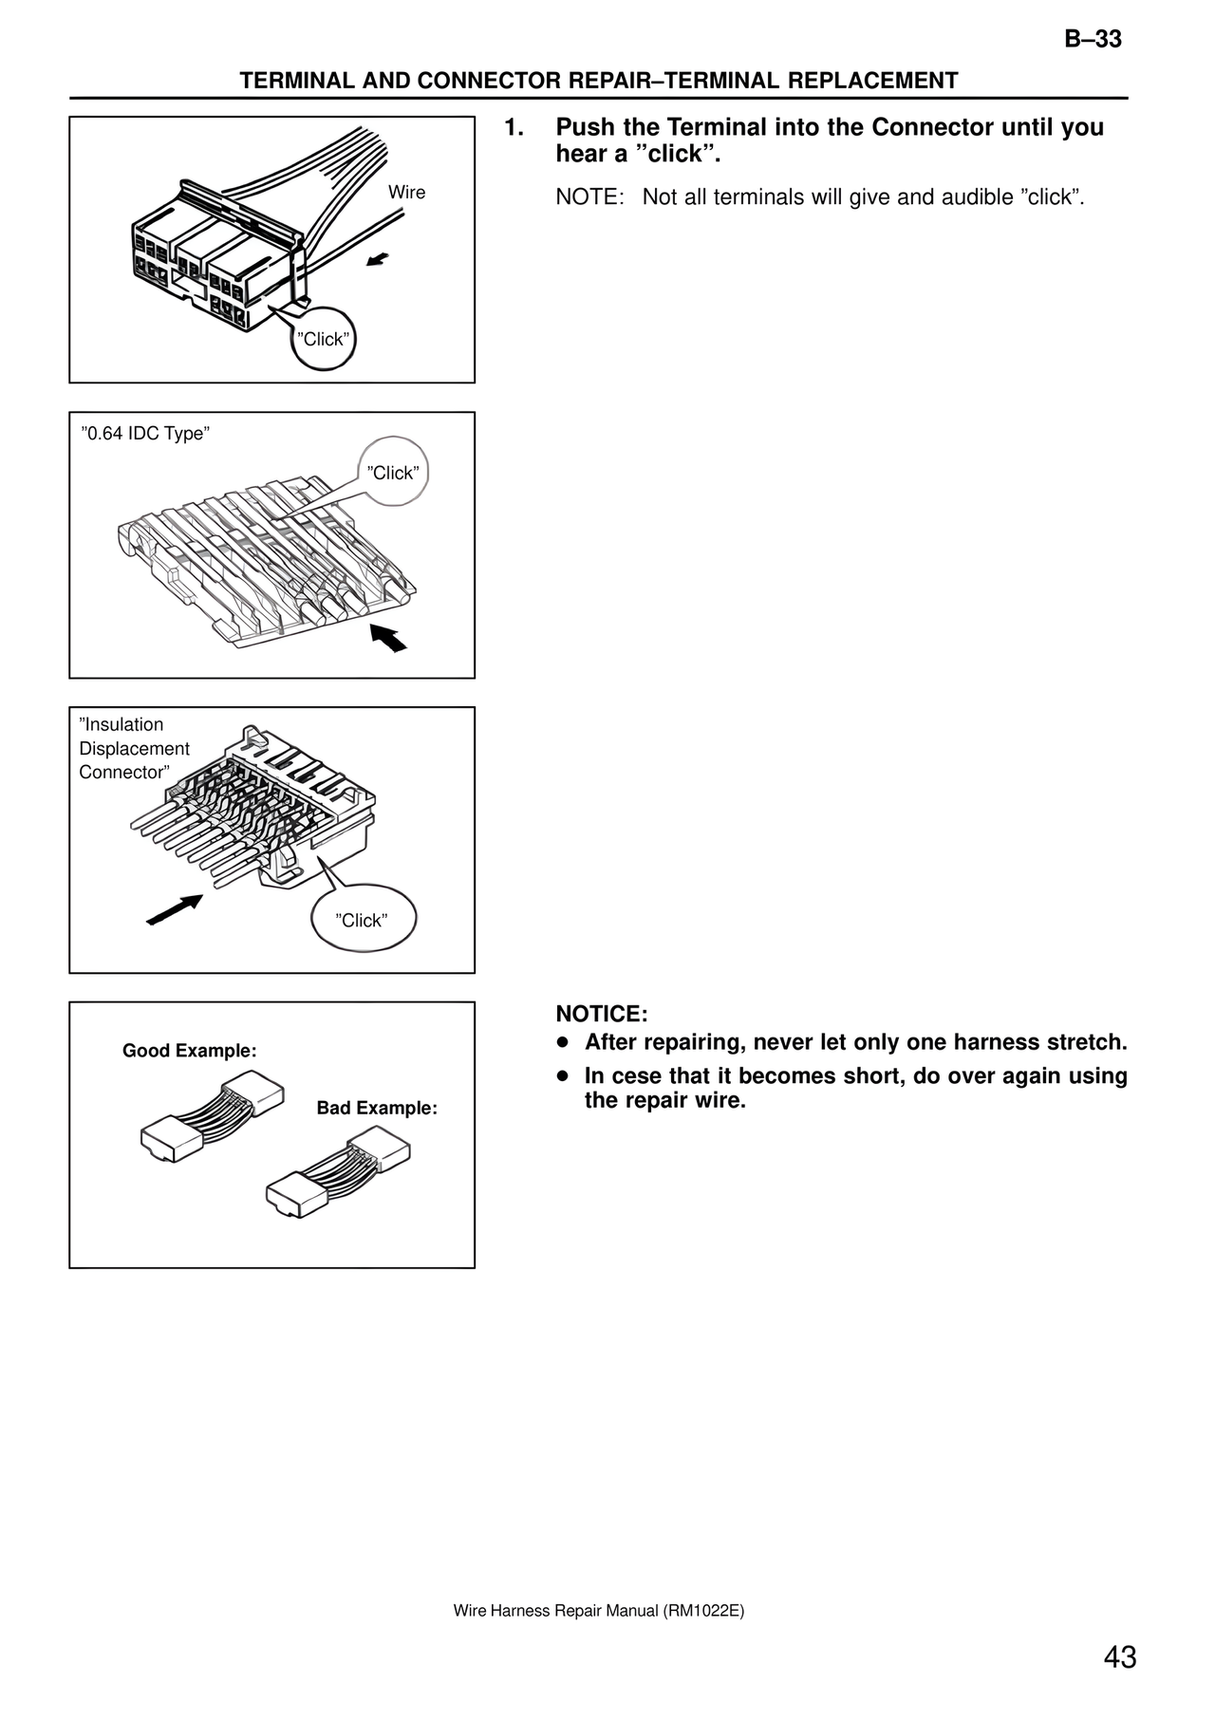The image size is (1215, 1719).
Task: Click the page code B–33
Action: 1093,40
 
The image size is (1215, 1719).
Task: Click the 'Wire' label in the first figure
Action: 406,193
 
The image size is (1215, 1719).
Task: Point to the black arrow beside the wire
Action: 378,259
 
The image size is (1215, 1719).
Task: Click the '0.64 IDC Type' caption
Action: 144,434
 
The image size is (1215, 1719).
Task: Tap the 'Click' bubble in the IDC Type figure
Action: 393,473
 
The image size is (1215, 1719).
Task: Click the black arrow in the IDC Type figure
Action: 388,638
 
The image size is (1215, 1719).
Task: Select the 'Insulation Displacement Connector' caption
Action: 134,748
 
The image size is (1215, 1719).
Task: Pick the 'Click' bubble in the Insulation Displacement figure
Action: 362,920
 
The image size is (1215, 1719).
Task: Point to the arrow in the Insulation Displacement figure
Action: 176,908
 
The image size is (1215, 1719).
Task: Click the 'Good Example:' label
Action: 190,1051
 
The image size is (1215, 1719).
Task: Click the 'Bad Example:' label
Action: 377,1108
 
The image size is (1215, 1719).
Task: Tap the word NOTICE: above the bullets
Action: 601,1014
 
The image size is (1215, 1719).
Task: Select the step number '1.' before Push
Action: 514,127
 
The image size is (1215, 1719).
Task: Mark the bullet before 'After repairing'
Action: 563,1043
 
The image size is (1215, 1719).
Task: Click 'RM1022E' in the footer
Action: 702,1611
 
